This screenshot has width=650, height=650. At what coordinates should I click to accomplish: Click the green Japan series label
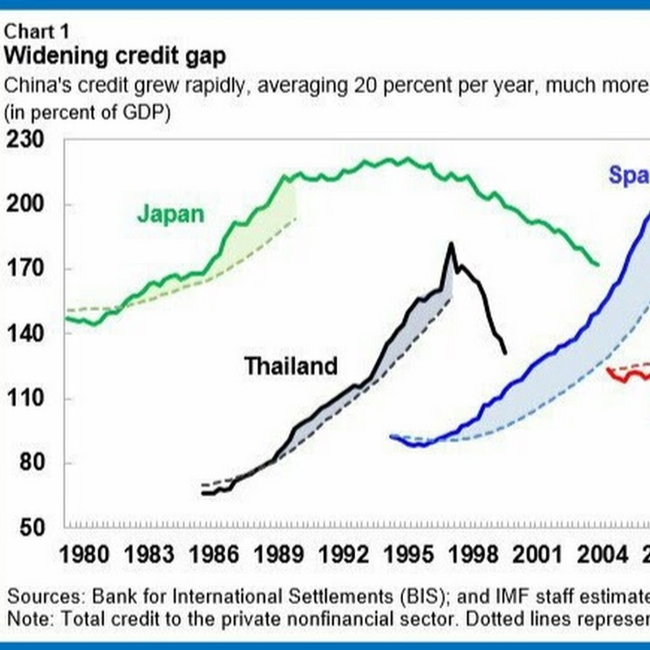click(171, 214)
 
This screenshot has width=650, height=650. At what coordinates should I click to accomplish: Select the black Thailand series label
click(291, 366)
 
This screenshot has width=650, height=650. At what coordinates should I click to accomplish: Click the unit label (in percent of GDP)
click(87, 113)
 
